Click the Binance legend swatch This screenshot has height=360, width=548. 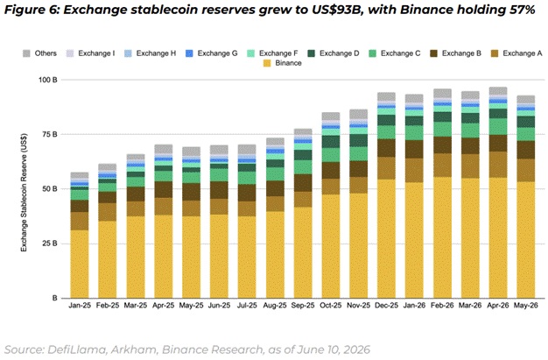coord(267,63)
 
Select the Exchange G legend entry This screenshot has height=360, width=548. coord(212,53)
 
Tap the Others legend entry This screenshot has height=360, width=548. coord(39,53)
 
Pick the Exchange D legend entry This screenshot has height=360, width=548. coord(334,53)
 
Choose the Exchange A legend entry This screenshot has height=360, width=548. coord(516,53)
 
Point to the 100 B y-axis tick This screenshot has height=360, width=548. coord(48,80)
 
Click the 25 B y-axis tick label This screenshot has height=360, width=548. coord(49,244)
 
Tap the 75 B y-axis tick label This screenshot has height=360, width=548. coord(49,134)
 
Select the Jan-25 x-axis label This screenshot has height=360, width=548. coord(80,306)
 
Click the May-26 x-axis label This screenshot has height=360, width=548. coord(526,306)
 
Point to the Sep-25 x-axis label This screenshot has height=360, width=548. coord(303,306)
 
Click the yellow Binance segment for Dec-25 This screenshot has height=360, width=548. coord(386,238)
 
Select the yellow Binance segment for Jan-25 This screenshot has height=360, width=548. coord(80,265)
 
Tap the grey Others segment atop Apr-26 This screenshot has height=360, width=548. coord(498,91)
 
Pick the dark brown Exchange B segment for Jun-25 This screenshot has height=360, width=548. coord(219,190)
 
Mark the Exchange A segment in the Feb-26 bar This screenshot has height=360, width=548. coord(442,166)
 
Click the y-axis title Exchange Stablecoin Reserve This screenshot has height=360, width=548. coord(24,193)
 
